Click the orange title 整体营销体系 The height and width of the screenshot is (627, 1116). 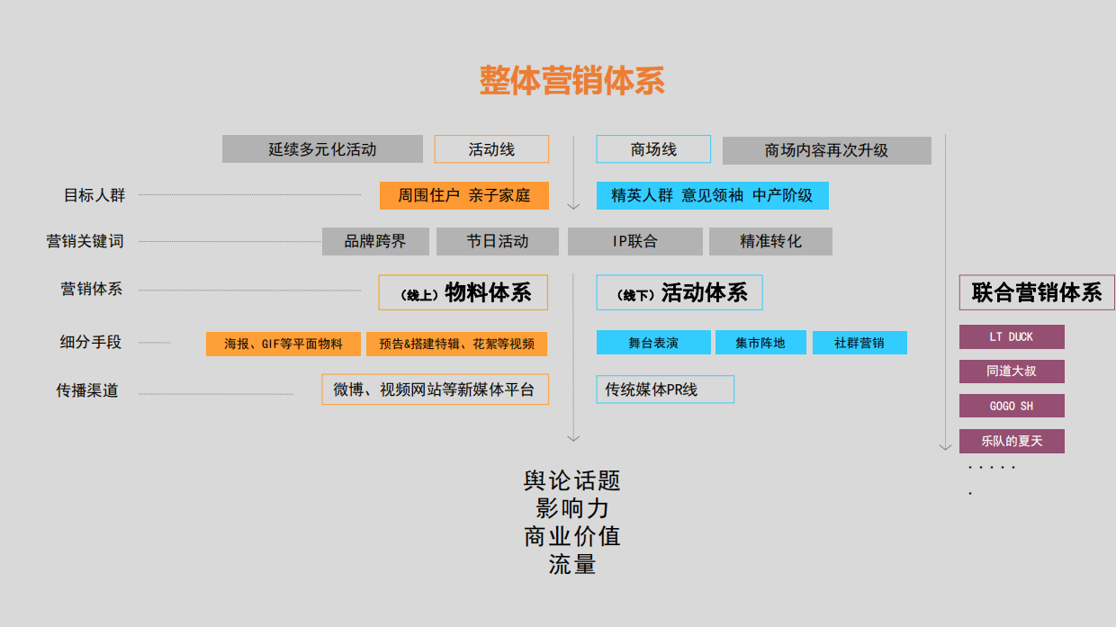click(x=572, y=80)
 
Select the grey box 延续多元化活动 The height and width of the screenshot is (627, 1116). click(x=322, y=149)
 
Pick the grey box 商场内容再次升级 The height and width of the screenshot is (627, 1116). click(x=826, y=150)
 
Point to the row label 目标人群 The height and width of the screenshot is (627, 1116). click(x=94, y=195)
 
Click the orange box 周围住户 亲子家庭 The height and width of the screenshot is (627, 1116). click(x=463, y=195)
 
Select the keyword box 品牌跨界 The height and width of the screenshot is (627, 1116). click(x=375, y=242)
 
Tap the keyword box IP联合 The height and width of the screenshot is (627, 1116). click(x=634, y=242)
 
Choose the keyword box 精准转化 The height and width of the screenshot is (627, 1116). click(x=770, y=242)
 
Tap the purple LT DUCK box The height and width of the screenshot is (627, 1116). click(x=1012, y=336)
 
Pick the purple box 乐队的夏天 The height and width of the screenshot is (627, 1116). click(x=1012, y=441)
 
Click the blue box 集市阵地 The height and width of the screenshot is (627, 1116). click(x=760, y=343)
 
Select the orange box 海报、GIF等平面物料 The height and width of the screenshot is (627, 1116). click(x=283, y=344)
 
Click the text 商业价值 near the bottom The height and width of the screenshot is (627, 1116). click(x=572, y=537)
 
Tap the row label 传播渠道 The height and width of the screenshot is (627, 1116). click(x=86, y=390)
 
